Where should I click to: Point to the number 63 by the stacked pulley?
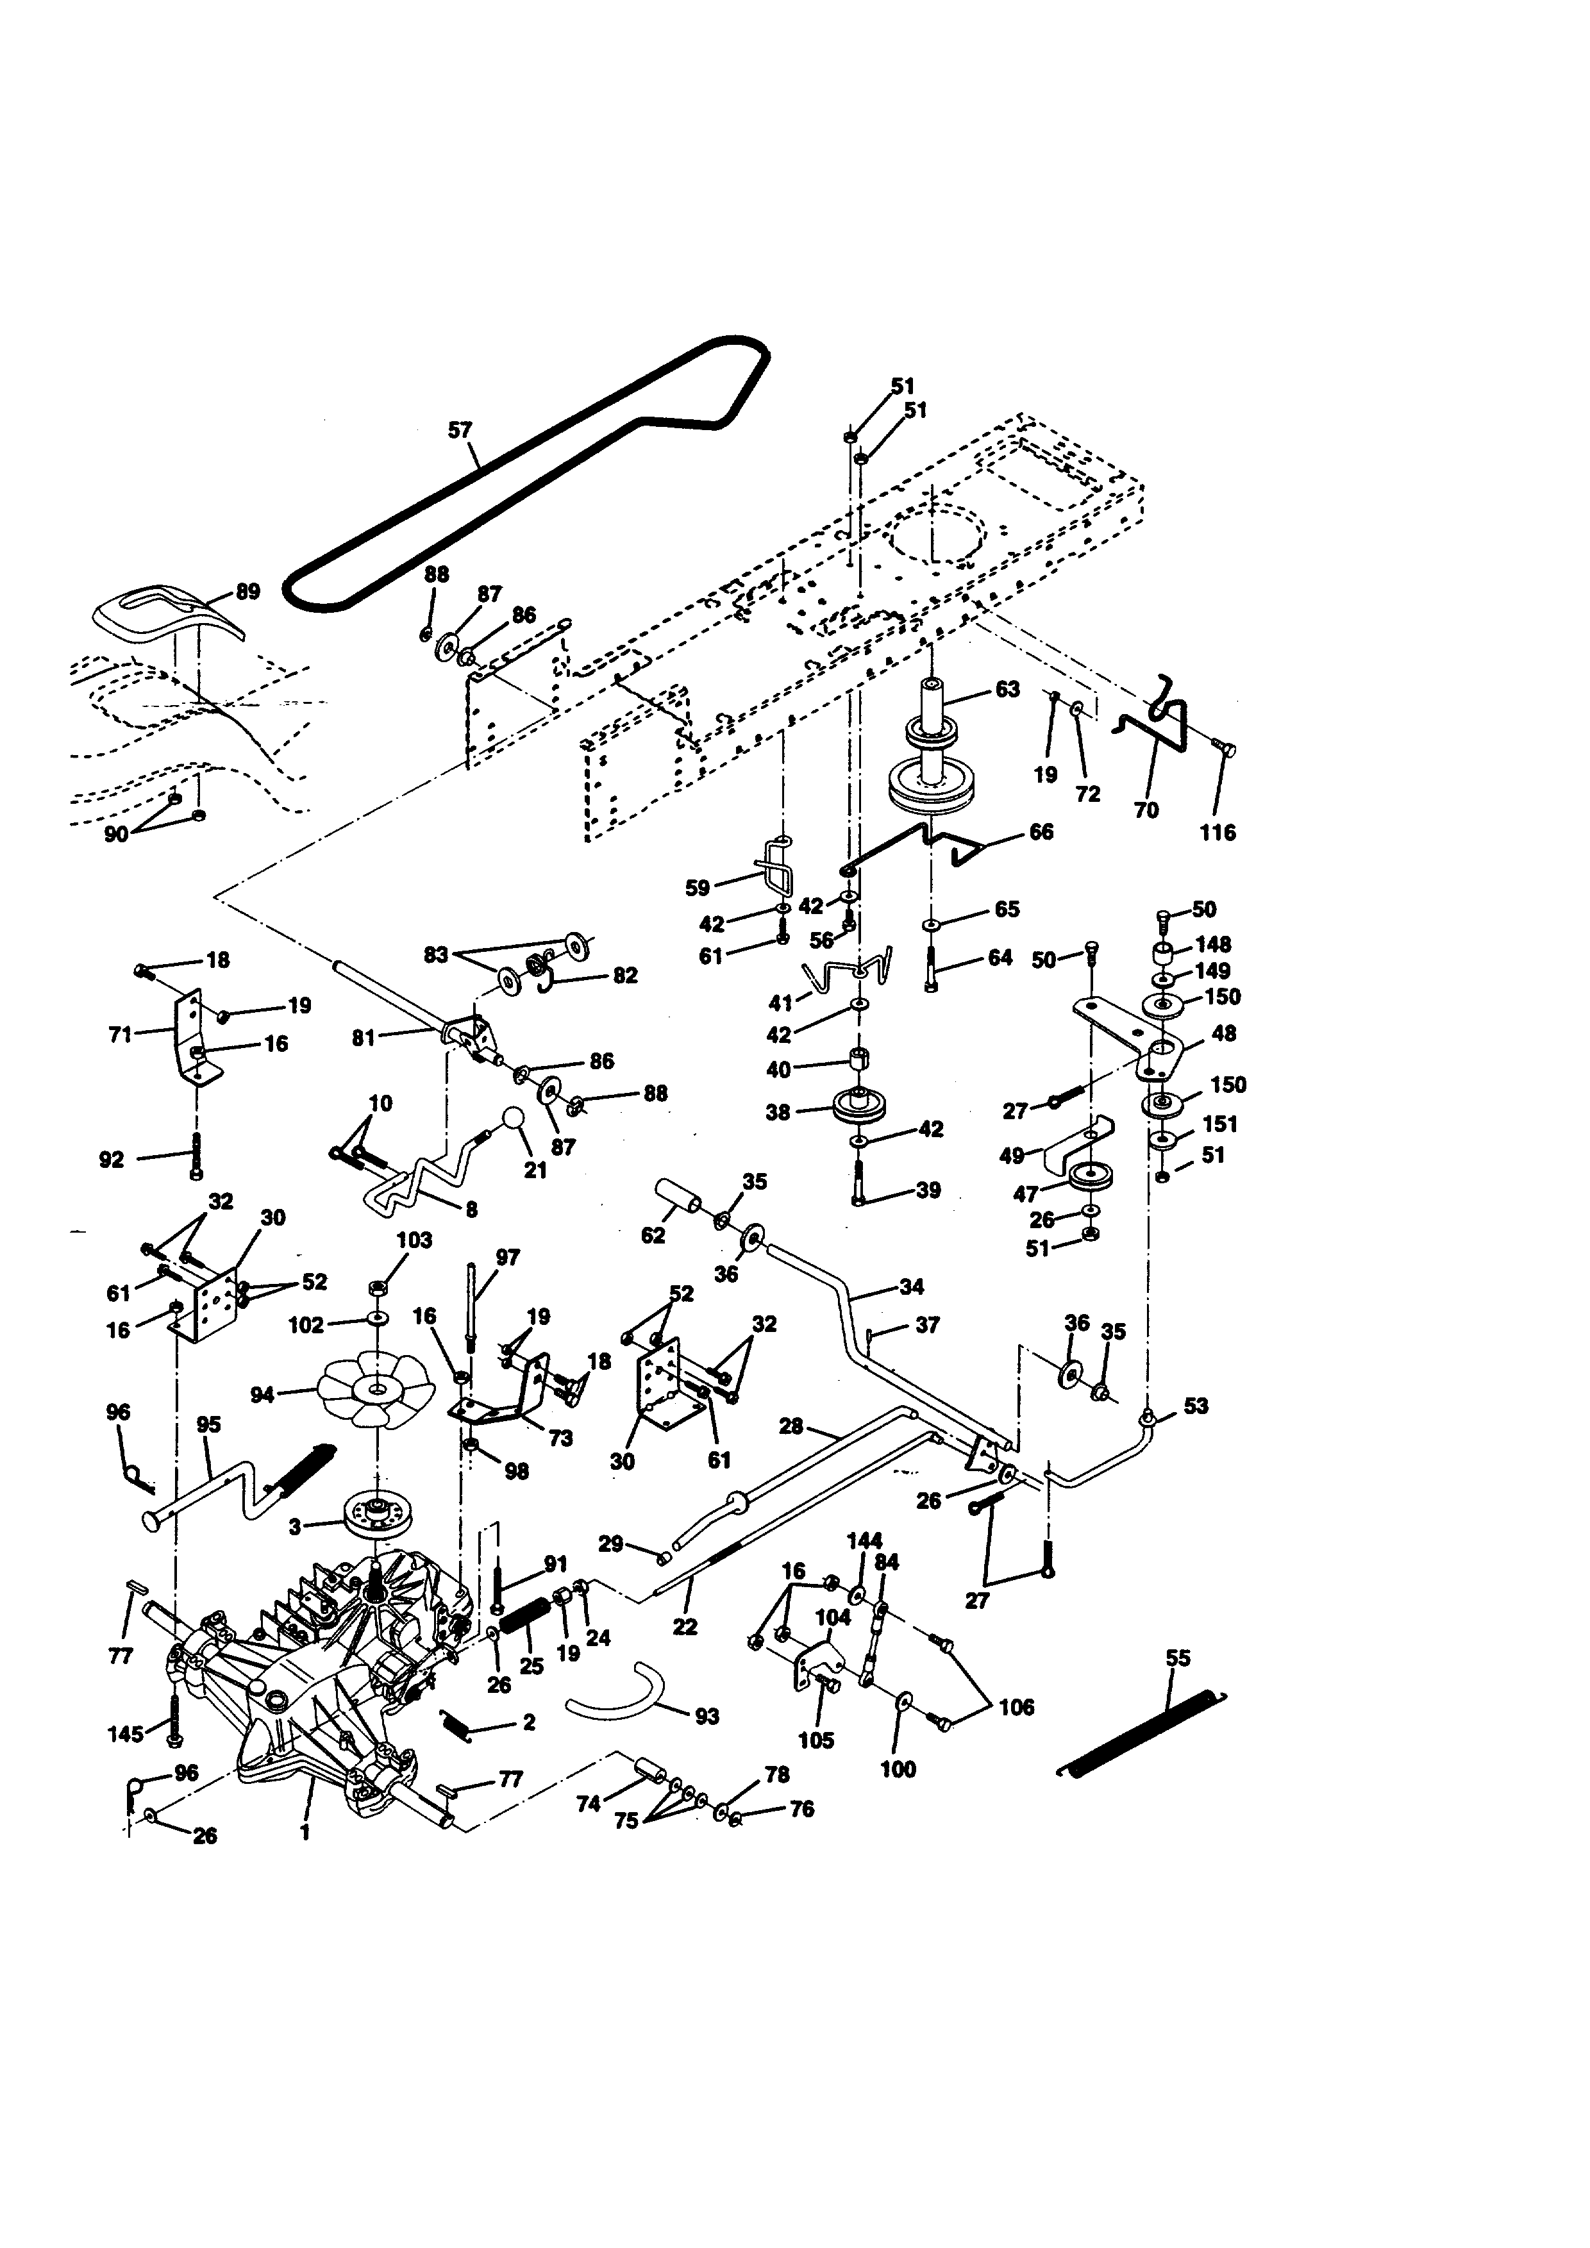(x=1007, y=689)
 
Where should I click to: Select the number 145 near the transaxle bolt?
(x=125, y=1734)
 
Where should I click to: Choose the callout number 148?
(x=1213, y=945)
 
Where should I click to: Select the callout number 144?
(x=864, y=1541)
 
